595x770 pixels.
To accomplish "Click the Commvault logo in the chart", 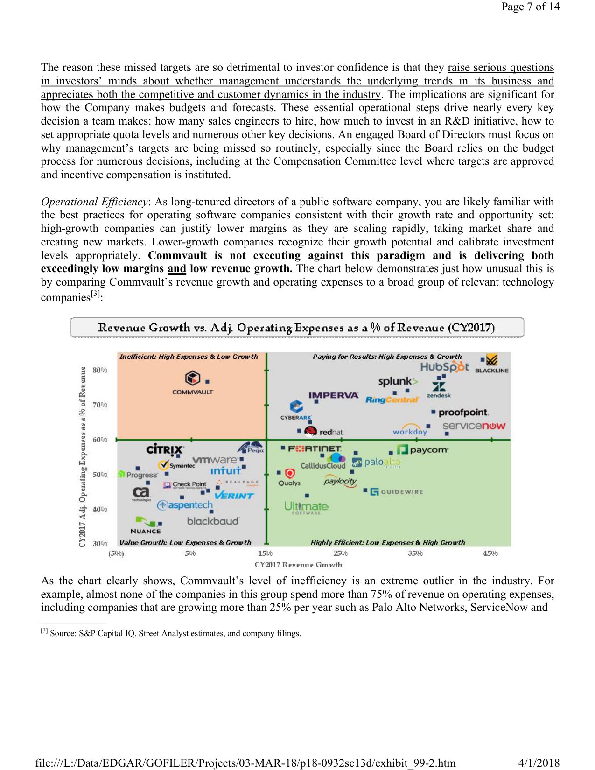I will pos(193,382).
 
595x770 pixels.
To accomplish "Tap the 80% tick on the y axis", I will pos(100,370).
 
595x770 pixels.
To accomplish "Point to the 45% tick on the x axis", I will pos(490,553).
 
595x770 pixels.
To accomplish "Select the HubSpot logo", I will pos(444,367).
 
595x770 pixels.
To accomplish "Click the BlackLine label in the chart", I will pos(491,371).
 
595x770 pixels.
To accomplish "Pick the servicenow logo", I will pos(474,426).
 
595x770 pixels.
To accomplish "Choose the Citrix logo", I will pos(164,449).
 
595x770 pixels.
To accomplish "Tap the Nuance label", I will pos(146,531).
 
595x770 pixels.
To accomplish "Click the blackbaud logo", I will pos(213,521).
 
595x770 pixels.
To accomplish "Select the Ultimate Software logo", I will pos(306,507).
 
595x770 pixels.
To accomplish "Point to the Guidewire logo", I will pos(397,492).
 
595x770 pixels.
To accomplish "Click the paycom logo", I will pos(422,450).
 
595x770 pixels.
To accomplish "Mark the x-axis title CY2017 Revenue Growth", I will pos(298,565).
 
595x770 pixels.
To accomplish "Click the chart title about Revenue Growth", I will pos(296,328).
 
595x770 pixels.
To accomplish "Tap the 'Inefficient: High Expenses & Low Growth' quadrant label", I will pos(189,357).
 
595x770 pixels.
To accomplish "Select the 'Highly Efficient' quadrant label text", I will pos(388,542).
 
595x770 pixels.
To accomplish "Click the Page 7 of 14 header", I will pos(530,7).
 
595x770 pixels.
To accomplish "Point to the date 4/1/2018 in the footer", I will pos(539,763).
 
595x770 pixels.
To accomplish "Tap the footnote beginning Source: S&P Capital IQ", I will pos(175,633).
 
